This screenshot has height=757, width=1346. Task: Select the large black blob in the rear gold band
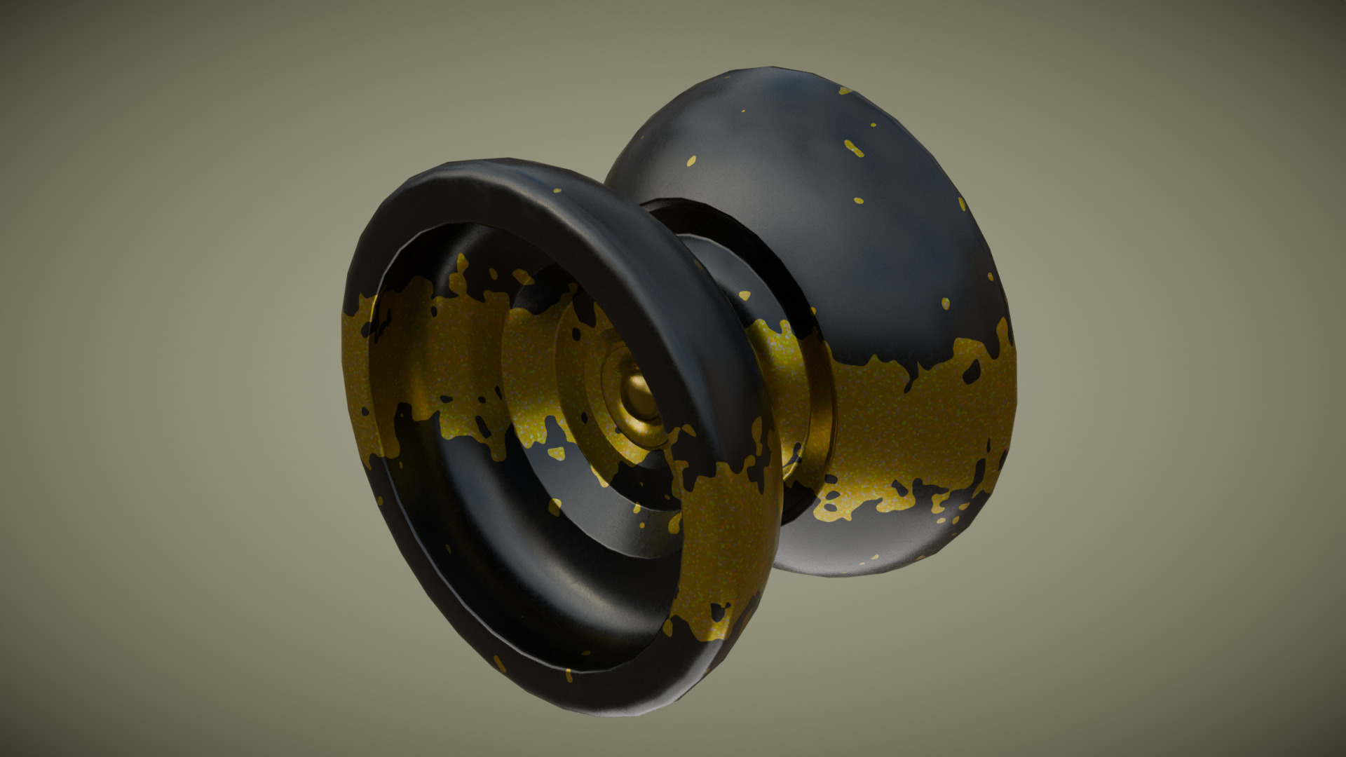pyautogui.click(x=971, y=371)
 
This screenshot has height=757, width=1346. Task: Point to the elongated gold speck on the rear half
pyautogui.click(x=853, y=148)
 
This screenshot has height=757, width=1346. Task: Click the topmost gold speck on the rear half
pyautogui.click(x=845, y=91)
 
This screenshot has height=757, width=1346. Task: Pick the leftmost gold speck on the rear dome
pyautogui.click(x=691, y=161)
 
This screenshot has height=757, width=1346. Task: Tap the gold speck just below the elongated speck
pyautogui.click(x=858, y=200)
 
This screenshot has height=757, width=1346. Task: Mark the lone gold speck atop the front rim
pyautogui.click(x=557, y=190)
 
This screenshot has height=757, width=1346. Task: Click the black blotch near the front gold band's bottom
pyautogui.click(x=716, y=614)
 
